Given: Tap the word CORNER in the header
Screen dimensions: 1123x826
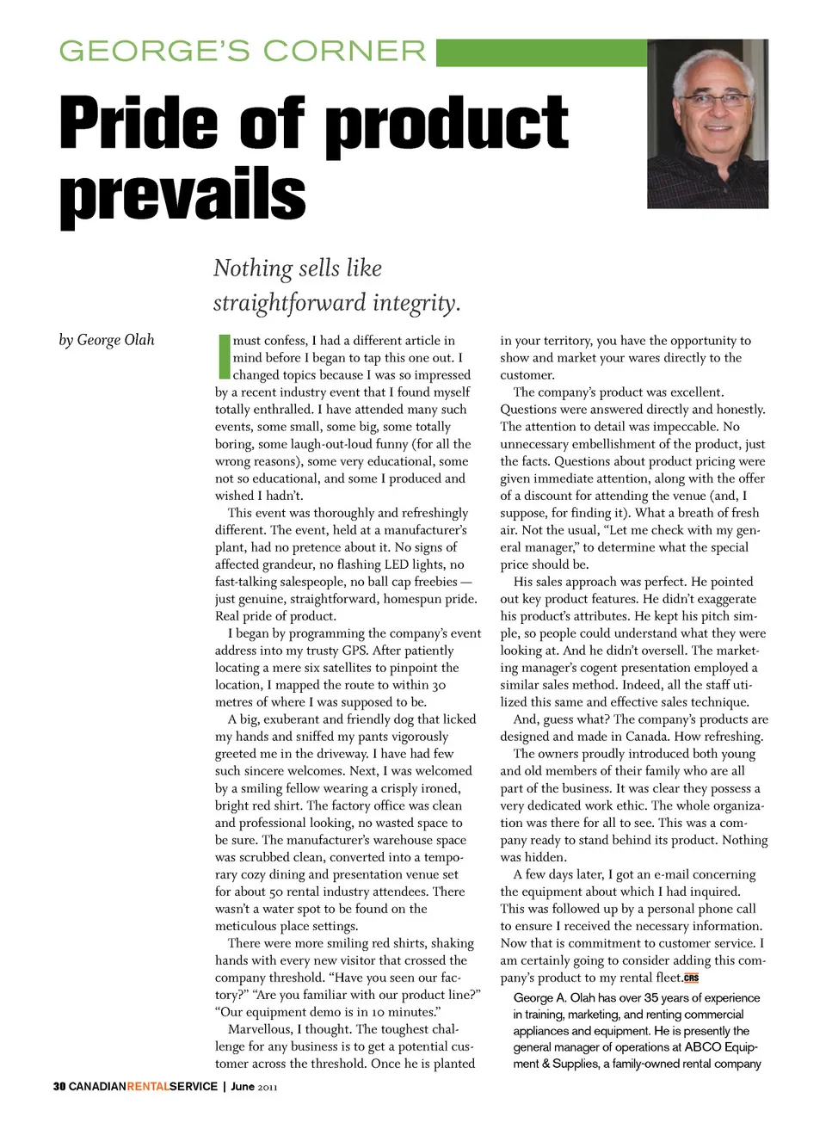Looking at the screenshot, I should [x=345, y=52].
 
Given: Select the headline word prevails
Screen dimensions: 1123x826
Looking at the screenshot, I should [x=182, y=195].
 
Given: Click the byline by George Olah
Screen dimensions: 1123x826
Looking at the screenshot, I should [x=107, y=340].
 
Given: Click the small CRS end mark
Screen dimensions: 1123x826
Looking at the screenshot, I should [x=691, y=978].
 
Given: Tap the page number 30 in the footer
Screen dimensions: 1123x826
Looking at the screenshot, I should [x=59, y=1087].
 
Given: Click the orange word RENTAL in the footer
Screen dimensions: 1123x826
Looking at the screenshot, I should [x=147, y=1087].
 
